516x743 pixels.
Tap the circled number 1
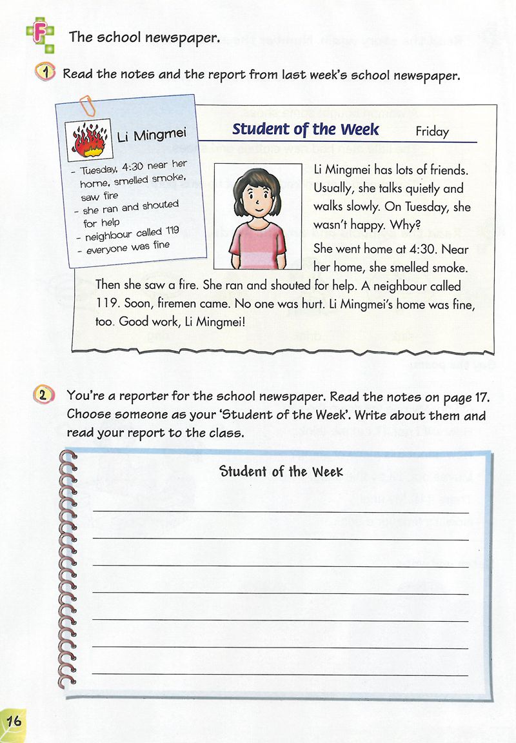click(x=46, y=74)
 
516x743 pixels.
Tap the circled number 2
click(x=43, y=395)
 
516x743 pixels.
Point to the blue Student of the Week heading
click(x=306, y=129)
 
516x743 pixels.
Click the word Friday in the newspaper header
click(x=432, y=132)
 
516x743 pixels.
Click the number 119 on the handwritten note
click(x=171, y=230)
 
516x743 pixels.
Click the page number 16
click(x=14, y=720)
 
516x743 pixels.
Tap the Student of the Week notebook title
click(x=281, y=471)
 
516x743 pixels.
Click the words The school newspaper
click(x=144, y=37)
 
